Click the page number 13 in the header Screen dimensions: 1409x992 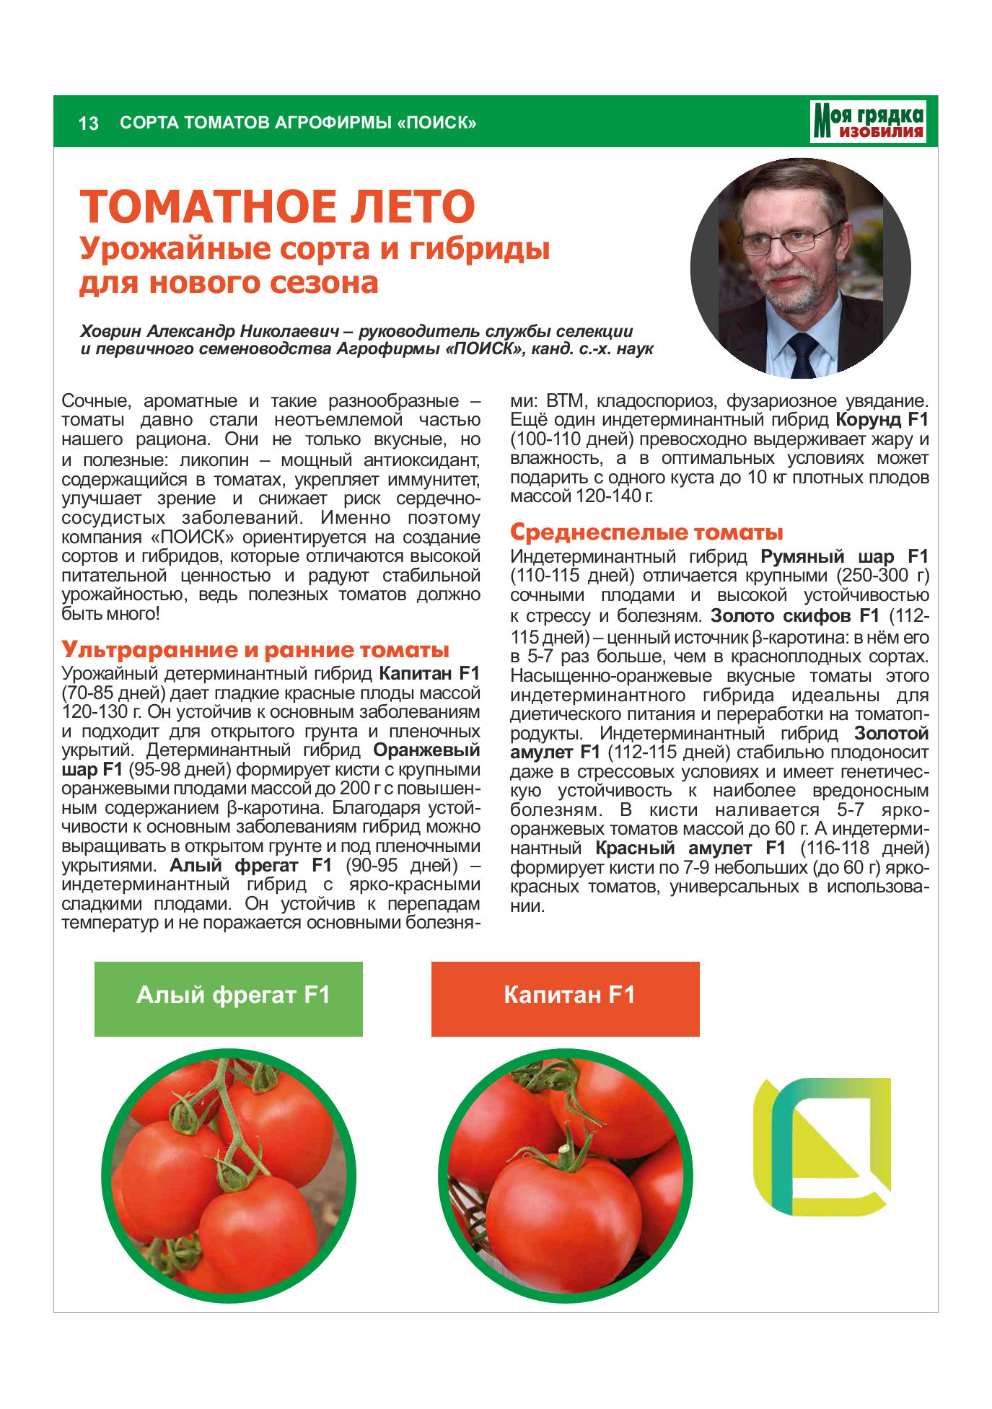[88, 123]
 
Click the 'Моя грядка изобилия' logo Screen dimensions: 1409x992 [868, 121]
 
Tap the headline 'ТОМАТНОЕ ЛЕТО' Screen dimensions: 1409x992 [278, 206]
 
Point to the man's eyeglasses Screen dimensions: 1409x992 [790, 239]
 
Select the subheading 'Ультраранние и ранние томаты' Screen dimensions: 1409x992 [255, 649]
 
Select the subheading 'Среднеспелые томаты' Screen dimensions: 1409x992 [646, 532]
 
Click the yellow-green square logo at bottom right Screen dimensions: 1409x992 [822, 1146]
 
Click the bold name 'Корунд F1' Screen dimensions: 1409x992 [882, 420]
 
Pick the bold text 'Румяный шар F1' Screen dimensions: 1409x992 [844, 557]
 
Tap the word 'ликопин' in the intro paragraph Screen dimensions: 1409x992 [214, 460]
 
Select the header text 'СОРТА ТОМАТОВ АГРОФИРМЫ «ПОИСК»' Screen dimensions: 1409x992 [298, 123]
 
